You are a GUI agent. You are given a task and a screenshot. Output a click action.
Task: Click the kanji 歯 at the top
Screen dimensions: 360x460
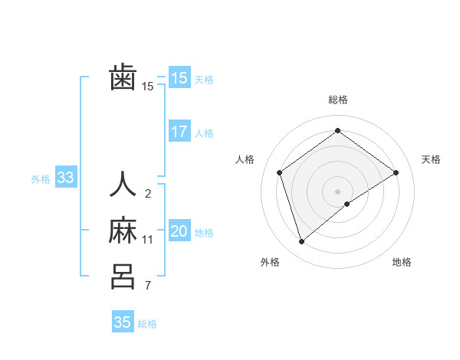(123, 77)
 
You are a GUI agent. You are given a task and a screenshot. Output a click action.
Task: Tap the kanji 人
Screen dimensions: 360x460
(123, 185)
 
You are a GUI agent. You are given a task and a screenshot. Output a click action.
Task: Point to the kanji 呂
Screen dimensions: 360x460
(123, 276)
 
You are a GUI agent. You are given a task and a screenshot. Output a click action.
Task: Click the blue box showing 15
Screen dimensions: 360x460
(179, 78)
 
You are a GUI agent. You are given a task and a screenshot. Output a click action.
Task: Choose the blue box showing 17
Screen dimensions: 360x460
(179, 132)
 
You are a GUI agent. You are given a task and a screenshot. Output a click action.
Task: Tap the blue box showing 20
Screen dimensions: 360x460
(179, 231)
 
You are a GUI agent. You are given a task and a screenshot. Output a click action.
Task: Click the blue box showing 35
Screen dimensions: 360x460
(122, 322)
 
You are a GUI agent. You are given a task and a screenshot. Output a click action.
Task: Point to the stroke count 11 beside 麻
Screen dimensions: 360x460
(148, 240)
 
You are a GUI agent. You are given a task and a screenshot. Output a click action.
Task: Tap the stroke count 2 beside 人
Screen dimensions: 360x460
(148, 194)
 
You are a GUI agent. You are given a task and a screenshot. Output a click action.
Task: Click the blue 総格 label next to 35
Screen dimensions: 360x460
(147, 324)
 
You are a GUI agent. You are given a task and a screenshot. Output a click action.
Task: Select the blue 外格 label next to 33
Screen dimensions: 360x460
(41, 179)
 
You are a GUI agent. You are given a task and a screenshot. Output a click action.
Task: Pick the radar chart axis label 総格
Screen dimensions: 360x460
(338, 100)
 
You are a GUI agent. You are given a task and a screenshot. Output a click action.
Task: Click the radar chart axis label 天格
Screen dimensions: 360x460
(431, 159)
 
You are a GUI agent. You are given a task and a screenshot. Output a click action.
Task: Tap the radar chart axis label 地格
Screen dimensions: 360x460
(402, 263)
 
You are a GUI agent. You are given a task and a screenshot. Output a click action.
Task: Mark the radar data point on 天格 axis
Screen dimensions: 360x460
(396, 172)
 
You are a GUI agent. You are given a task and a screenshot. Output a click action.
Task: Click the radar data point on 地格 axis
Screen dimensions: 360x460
(347, 204)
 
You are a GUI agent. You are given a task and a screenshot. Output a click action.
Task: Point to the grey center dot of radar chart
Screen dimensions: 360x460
(337, 191)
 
